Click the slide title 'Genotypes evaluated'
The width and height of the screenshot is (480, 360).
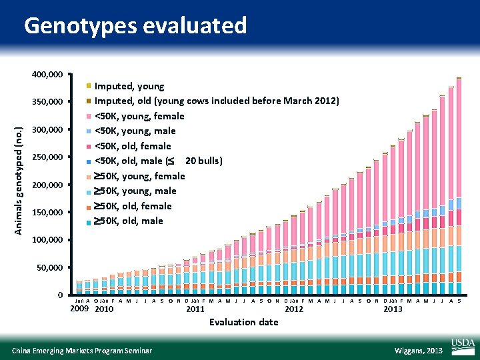click(x=135, y=25)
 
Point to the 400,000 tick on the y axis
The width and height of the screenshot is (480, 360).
click(x=47, y=74)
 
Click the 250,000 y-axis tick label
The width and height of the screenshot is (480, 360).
click(x=47, y=157)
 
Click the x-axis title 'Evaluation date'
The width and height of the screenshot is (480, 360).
click(x=243, y=322)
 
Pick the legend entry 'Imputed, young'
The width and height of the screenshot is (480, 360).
click(x=129, y=86)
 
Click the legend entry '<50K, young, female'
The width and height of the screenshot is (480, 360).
click(x=139, y=116)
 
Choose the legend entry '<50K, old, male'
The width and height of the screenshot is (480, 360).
click(x=158, y=161)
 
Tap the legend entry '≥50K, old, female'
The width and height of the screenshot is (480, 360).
click(x=133, y=206)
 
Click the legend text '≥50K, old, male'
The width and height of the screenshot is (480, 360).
click(x=128, y=221)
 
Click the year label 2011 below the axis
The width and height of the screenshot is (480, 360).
click(x=195, y=309)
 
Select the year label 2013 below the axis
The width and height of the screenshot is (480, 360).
click(x=393, y=309)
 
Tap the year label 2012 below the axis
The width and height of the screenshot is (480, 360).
click(x=294, y=309)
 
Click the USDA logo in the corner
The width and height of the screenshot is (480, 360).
click(x=463, y=345)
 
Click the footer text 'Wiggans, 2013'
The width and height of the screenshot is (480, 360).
click(x=418, y=351)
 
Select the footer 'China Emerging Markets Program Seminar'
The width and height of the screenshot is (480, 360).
click(x=82, y=351)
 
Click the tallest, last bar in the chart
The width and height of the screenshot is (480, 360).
click(x=459, y=187)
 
